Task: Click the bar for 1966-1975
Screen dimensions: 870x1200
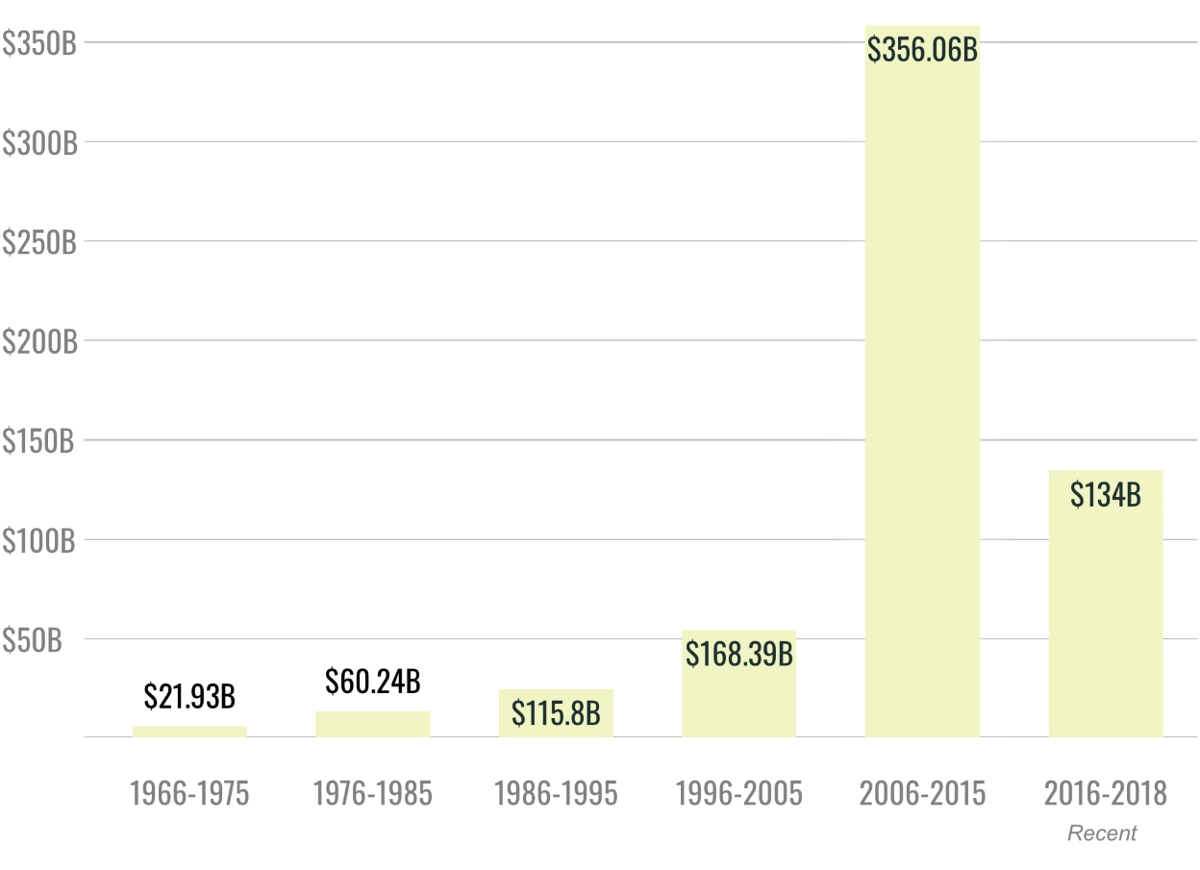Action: [189, 732]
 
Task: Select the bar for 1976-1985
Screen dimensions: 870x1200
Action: [372, 724]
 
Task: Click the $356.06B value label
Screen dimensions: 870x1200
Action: [922, 50]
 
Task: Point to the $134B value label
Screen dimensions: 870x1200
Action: [1105, 495]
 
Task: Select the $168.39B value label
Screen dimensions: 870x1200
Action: [738, 654]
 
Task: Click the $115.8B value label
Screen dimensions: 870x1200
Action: [556, 713]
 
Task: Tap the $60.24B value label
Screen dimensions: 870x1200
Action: [372, 682]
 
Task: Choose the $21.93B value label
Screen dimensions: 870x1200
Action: [189, 695]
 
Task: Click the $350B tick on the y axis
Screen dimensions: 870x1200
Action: [38, 42]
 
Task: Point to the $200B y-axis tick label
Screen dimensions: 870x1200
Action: [38, 340]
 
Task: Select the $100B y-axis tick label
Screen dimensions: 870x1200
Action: [38, 539]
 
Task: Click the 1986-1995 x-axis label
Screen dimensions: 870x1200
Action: [556, 794]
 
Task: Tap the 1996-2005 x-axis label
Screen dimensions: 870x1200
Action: [738, 794]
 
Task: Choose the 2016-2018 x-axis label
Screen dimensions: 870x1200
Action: [1105, 794]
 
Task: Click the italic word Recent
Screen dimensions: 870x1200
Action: [1102, 833]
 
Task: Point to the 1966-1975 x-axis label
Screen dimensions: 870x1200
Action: [189, 794]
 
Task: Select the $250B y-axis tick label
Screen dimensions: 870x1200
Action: [38, 241]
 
